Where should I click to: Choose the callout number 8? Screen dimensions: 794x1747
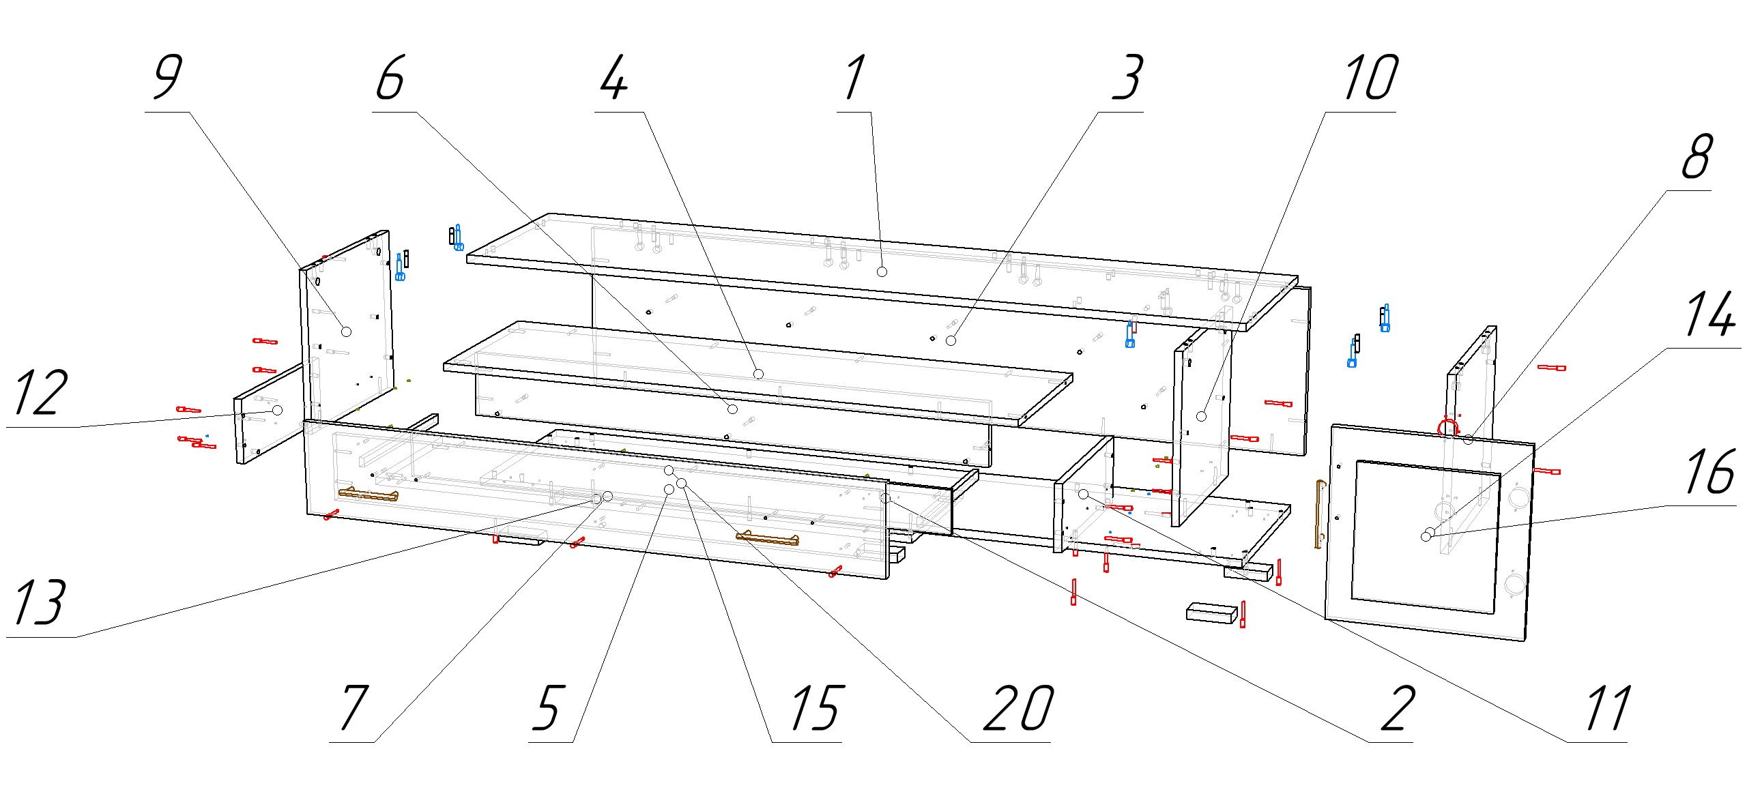coord(1697,156)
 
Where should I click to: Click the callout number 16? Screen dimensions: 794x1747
coord(1709,472)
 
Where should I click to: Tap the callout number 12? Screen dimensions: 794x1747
coord(40,394)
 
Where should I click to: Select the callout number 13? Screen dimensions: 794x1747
coord(40,603)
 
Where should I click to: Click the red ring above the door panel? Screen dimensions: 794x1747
coord(1447,428)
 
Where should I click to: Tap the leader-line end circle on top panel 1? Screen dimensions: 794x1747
coord(882,271)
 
